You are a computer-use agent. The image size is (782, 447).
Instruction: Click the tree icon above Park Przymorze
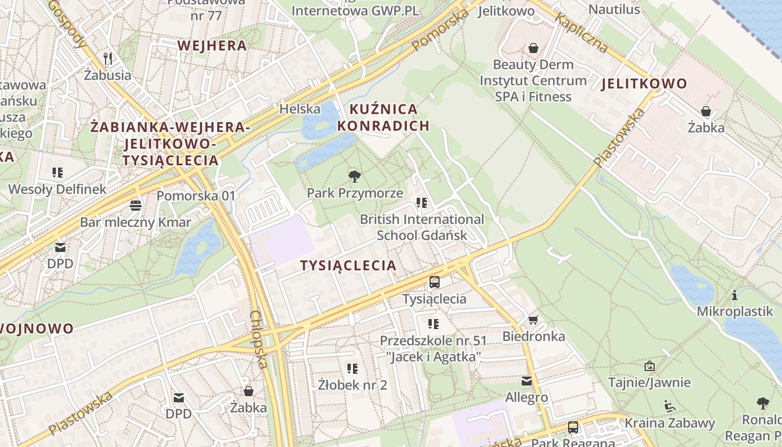(x=354, y=177)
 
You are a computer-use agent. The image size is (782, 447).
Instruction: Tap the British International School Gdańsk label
(x=422, y=227)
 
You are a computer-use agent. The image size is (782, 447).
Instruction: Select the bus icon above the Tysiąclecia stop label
(x=434, y=282)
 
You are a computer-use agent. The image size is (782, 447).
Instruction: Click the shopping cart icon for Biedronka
(x=533, y=320)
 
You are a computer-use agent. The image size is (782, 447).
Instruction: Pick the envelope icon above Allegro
(x=526, y=381)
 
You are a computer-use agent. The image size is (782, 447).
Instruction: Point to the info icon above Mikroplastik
(x=735, y=295)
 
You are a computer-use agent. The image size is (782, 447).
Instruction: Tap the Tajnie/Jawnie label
(x=649, y=383)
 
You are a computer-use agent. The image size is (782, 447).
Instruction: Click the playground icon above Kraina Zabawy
(x=669, y=406)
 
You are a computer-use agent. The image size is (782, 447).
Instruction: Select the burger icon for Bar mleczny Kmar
(x=135, y=206)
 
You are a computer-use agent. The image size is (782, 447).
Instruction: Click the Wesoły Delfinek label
(x=57, y=189)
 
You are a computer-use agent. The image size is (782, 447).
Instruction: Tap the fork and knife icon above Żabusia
(x=108, y=58)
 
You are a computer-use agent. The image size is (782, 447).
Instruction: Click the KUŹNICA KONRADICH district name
(x=383, y=117)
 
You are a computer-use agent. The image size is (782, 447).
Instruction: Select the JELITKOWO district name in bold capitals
(x=644, y=84)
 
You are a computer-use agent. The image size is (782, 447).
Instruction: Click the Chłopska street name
(x=258, y=339)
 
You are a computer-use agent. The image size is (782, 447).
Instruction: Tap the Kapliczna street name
(x=581, y=33)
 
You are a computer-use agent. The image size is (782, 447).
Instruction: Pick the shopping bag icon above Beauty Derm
(x=533, y=48)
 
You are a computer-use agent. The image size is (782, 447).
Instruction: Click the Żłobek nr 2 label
(x=352, y=385)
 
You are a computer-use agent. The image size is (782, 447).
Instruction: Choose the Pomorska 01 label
(x=196, y=196)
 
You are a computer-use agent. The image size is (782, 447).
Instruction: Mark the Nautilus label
(x=614, y=9)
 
